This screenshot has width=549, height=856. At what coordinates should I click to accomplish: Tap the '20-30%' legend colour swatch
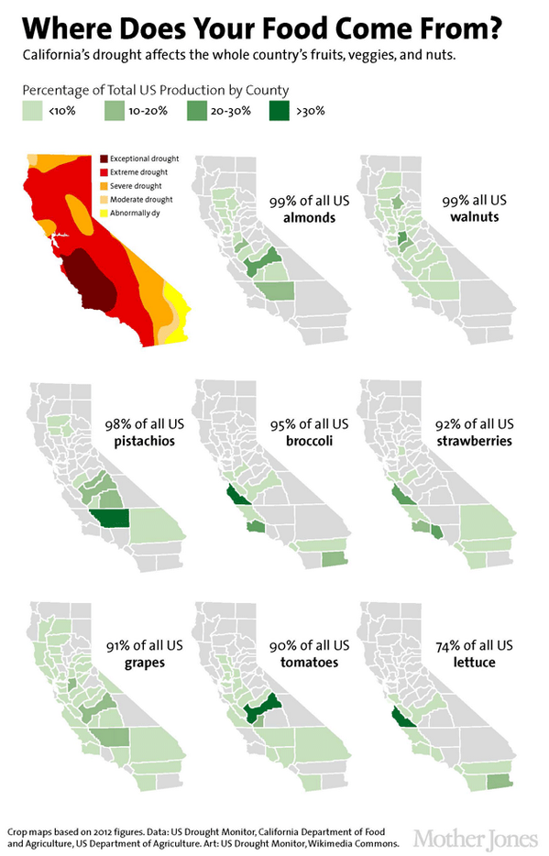pyautogui.click(x=195, y=112)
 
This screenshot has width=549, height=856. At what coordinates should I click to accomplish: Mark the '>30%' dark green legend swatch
pyautogui.click(x=277, y=112)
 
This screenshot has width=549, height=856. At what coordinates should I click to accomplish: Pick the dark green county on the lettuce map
pyautogui.click(x=401, y=719)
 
